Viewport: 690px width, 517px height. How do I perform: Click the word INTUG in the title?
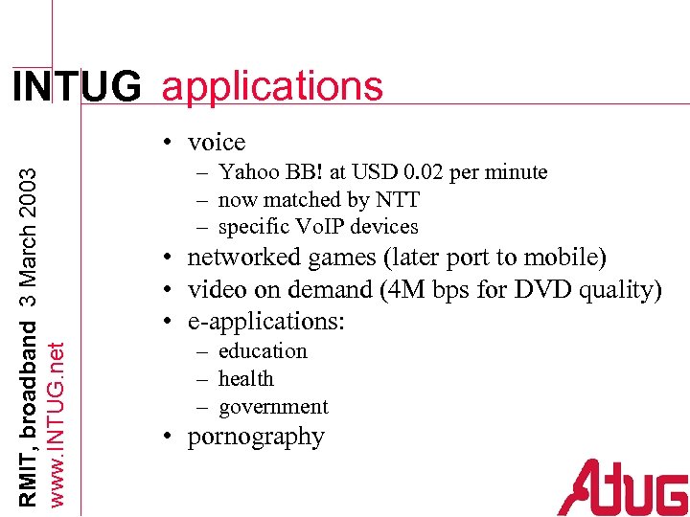76,87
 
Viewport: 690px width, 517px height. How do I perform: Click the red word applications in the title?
273,87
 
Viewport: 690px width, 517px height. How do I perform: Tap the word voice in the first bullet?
217,143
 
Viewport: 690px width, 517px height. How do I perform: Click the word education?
263,351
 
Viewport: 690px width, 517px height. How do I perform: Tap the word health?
246,379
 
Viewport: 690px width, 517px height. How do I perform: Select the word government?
273,407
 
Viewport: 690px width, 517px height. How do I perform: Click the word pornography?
256,438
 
